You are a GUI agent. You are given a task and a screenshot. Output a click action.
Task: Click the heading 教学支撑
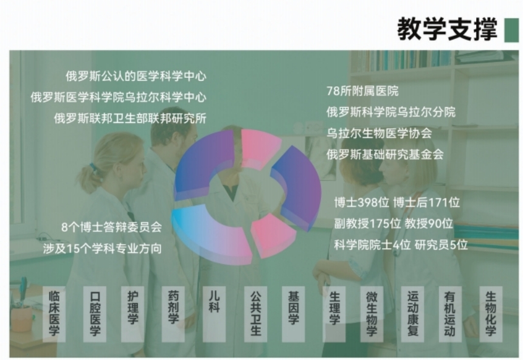pyautogui.click(x=447, y=29)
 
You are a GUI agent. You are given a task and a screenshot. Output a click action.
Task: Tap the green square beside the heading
pyautogui.click(x=511, y=29)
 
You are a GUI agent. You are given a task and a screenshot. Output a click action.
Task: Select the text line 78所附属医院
pyautogui.click(x=362, y=91)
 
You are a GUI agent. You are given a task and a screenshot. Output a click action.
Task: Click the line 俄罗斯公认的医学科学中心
pyautogui.click(x=136, y=77)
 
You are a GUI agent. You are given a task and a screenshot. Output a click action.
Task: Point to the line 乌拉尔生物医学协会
pyautogui.click(x=379, y=133)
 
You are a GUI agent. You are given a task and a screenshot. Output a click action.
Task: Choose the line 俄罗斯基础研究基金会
pyautogui.click(x=385, y=154)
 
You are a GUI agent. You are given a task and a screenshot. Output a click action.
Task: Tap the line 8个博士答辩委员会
pyautogui.click(x=111, y=227)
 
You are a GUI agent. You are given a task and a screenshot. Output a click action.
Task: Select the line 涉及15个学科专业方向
pyautogui.click(x=102, y=248)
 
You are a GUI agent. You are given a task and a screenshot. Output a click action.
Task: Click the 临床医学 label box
pyautogui.click(x=54, y=313)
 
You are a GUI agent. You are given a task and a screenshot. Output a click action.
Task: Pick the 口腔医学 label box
pyautogui.click(x=94, y=313)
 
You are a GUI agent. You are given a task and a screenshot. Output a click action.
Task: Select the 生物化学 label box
pyautogui.click(x=490, y=313)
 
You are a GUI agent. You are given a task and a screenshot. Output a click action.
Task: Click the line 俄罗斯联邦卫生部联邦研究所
pyautogui.click(x=130, y=118)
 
